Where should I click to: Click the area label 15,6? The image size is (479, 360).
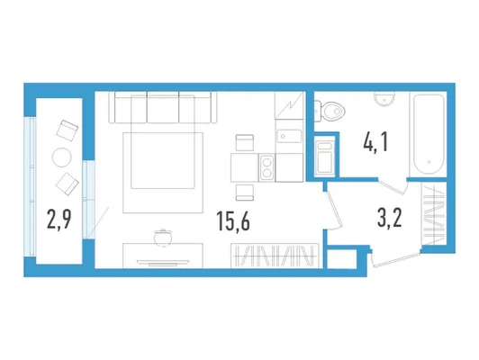[233, 220]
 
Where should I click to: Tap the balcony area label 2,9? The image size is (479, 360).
[59, 219]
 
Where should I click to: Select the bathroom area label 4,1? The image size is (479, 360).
[375, 142]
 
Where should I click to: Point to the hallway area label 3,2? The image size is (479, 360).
[390, 218]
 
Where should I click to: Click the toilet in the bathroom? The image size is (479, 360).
[330, 111]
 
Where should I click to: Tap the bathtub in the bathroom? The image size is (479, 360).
[429, 135]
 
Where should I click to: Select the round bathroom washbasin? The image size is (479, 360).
[384, 99]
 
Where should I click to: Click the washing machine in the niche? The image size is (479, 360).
[324, 157]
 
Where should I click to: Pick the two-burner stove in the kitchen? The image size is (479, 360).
[267, 167]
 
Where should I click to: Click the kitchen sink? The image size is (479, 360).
[289, 136]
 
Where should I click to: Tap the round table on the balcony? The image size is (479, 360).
[62, 157]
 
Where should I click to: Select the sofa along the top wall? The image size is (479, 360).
[163, 107]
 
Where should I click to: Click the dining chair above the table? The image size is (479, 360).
[245, 142]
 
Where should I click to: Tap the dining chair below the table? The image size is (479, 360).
[245, 193]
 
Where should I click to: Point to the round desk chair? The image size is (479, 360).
[163, 238]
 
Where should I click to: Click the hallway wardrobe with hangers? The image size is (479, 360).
[433, 212]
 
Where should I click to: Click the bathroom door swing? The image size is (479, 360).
[393, 185]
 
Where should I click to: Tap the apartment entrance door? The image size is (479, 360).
[394, 258]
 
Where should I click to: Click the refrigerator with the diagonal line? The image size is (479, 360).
[289, 105]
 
